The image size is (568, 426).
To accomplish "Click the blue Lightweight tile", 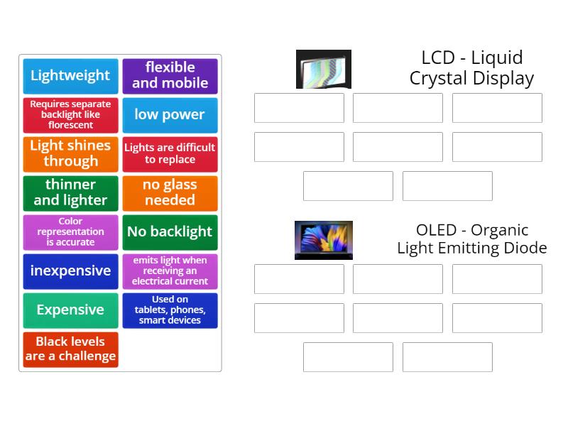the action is tap(70, 76).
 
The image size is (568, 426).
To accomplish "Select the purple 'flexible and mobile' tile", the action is tap(170, 76).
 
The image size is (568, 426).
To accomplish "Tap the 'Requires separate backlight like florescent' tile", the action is tap(70, 115).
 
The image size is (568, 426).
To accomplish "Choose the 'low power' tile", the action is tap(170, 115).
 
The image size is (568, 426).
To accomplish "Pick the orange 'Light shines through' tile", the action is tap(70, 154).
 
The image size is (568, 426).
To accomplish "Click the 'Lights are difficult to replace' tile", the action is tap(170, 154).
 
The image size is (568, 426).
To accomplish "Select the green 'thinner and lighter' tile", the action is tap(70, 193).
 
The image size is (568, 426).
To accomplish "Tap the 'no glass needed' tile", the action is tap(170, 193).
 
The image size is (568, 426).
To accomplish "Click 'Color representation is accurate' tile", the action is tap(70, 233).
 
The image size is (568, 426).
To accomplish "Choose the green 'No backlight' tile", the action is tap(170, 233).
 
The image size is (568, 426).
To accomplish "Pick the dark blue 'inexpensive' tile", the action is tap(70, 272).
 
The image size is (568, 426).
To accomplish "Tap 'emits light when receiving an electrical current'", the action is tap(170, 272).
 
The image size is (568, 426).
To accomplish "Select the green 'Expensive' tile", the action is tap(70, 311).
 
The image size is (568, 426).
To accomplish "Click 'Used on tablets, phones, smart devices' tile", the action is tap(170, 311).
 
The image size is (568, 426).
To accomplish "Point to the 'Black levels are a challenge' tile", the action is tap(70, 350).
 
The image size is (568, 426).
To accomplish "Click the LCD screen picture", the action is tap(324, 69).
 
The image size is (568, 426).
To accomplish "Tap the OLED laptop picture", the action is tap(324, 240).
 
